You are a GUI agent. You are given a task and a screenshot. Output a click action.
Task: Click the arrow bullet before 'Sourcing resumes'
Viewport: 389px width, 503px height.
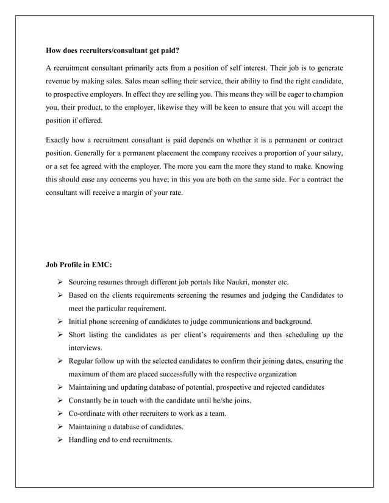(60, 283)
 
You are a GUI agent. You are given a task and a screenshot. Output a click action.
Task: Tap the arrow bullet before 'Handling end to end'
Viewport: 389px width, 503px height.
(60, 440)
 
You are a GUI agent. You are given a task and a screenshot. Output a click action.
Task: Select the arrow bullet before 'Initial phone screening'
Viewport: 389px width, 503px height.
(60, 322)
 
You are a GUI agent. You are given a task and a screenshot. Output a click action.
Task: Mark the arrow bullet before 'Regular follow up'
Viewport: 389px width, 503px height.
(60, 361)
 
